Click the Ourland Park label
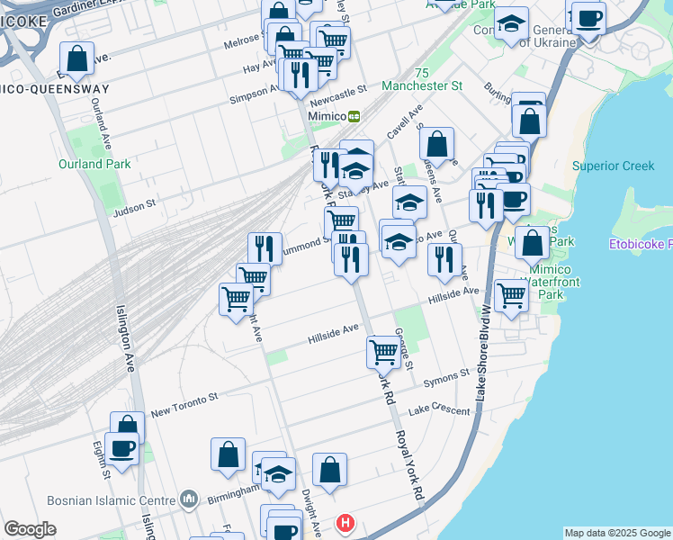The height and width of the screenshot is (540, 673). [x=94, y=164]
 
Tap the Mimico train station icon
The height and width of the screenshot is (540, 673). [x=354, y=116]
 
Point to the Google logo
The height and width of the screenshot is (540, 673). [x=30, y=529]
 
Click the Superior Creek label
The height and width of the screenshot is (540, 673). [x=613, y=166]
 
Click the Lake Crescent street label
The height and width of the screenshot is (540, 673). [x=439, y=411]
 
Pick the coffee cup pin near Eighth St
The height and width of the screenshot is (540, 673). [x=121, y=448]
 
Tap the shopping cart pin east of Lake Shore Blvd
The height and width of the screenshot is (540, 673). [x=510, y=295]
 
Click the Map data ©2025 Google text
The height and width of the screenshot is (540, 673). [x=617, y=533]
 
